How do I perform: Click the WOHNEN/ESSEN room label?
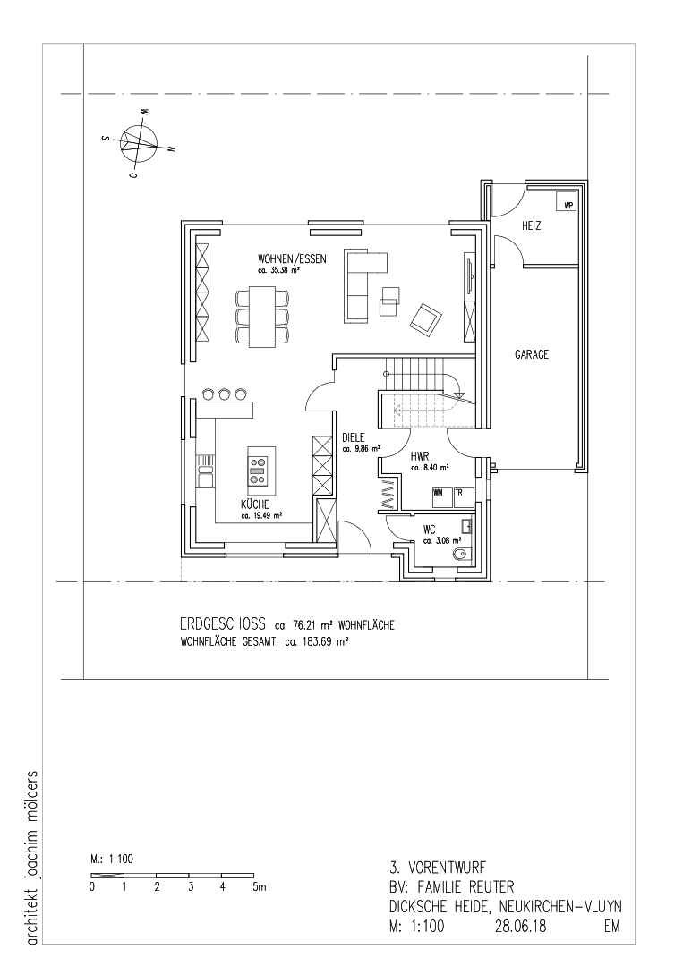click(x=292, y=259)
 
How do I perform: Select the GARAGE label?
click(x=532, y=355)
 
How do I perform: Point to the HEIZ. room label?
click(x=533, y=226)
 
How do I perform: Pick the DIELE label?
click(x=354, y=437)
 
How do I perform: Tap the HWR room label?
click(x=420, y=456)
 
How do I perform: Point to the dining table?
click(x=262, y=316)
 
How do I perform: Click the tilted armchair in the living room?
click(x=426, y=319)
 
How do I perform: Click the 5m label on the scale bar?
click(x=259, y=888)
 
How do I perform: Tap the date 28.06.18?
click(x=520, y=926)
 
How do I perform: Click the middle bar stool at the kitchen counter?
click(x=225, y=393)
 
